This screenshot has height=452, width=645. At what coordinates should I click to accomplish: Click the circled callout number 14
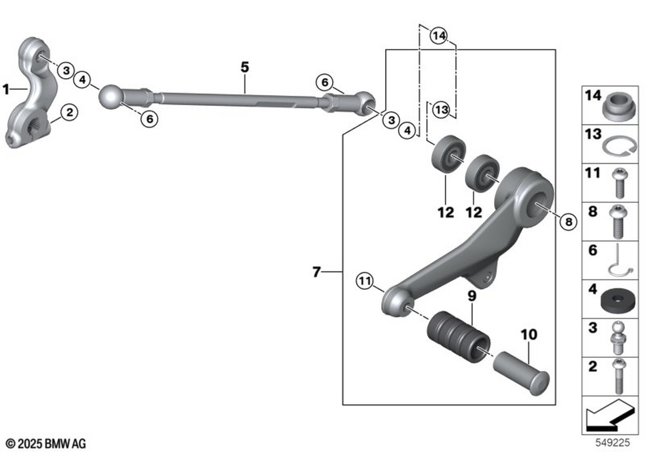[x=439, y=36]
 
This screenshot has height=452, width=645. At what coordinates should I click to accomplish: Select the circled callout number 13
[x=441, y=110]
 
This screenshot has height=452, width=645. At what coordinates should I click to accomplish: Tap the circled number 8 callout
[x=568, y=222]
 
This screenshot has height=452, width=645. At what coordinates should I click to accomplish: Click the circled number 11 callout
[x=364, y=281]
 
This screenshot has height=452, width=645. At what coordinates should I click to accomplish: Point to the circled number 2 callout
[x=69, y=112]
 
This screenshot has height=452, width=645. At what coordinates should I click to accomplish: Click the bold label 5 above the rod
[x=244, y=67]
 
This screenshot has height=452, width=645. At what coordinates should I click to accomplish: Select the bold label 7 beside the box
[x=316, y=272]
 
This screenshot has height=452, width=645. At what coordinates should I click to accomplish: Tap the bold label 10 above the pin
[x=529, y=334]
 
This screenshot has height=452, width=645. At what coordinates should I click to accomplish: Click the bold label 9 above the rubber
[x=472, y=296]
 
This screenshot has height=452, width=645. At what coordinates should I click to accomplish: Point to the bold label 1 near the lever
[x=6, y=89]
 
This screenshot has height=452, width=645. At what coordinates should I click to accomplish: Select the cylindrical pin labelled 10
[x=521, y=373]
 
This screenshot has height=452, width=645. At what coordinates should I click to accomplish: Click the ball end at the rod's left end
[x=111, y=96]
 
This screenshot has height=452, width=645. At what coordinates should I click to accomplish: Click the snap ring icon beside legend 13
[x=619, y=146]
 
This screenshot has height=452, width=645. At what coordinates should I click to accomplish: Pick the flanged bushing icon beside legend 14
[x=619, y=107]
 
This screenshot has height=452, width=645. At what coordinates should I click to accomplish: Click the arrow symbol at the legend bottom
[x=610, y=415]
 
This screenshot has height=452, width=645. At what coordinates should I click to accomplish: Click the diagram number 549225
[x=613, y=442]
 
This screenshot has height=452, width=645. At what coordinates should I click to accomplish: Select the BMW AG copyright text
[x=46, y=444]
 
